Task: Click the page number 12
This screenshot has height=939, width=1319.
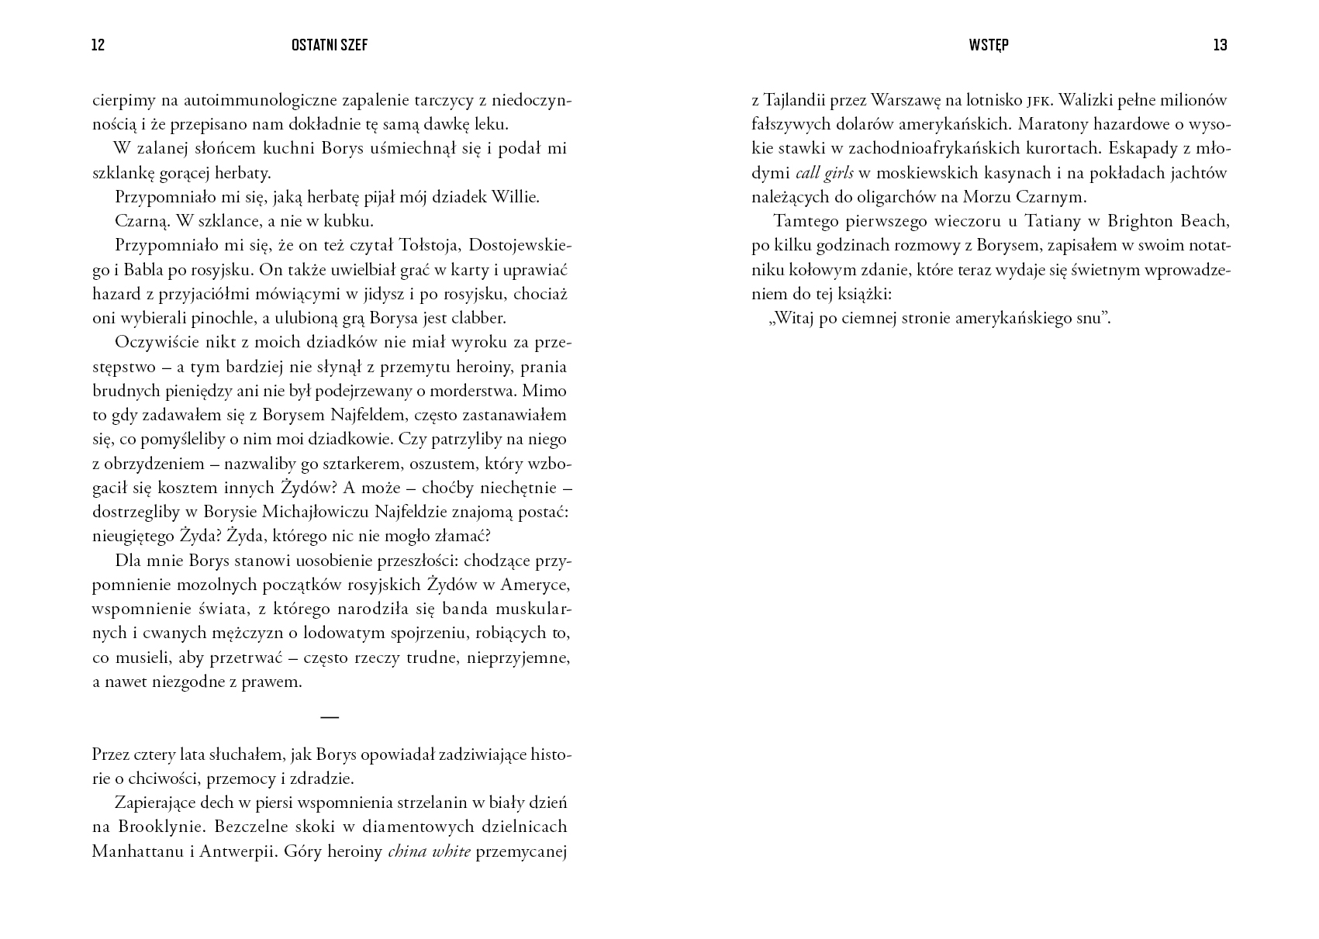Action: [x=98, y=45]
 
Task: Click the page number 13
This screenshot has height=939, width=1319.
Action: [x=1220, y=45]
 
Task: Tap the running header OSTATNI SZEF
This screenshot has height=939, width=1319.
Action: [x=330, y=45]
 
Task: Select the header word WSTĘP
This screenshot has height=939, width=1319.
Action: [x=989, y=45]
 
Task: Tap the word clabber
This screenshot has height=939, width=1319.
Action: [x=479, y=318]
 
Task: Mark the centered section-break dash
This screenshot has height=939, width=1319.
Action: [x=330, y=717]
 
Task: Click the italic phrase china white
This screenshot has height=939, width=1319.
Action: [x=429, y=852]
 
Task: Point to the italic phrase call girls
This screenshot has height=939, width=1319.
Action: [x=824, y=173]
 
